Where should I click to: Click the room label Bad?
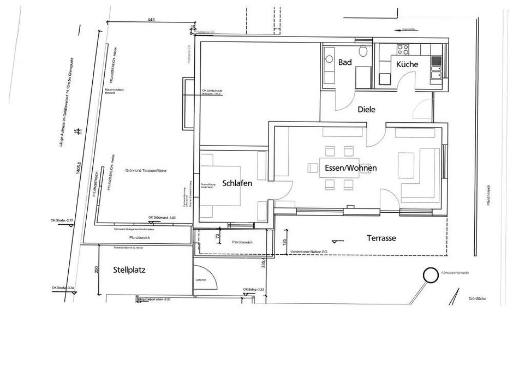point(345,63)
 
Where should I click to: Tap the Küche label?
point(407,64)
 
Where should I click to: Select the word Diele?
point(366,109)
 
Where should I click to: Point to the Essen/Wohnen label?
point(350,168)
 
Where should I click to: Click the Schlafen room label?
point(237,183)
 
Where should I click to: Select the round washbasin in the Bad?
point(329,58)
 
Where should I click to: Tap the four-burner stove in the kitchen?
point(403,50)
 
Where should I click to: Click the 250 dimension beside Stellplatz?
point(96,270)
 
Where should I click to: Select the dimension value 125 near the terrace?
point(284,243)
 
